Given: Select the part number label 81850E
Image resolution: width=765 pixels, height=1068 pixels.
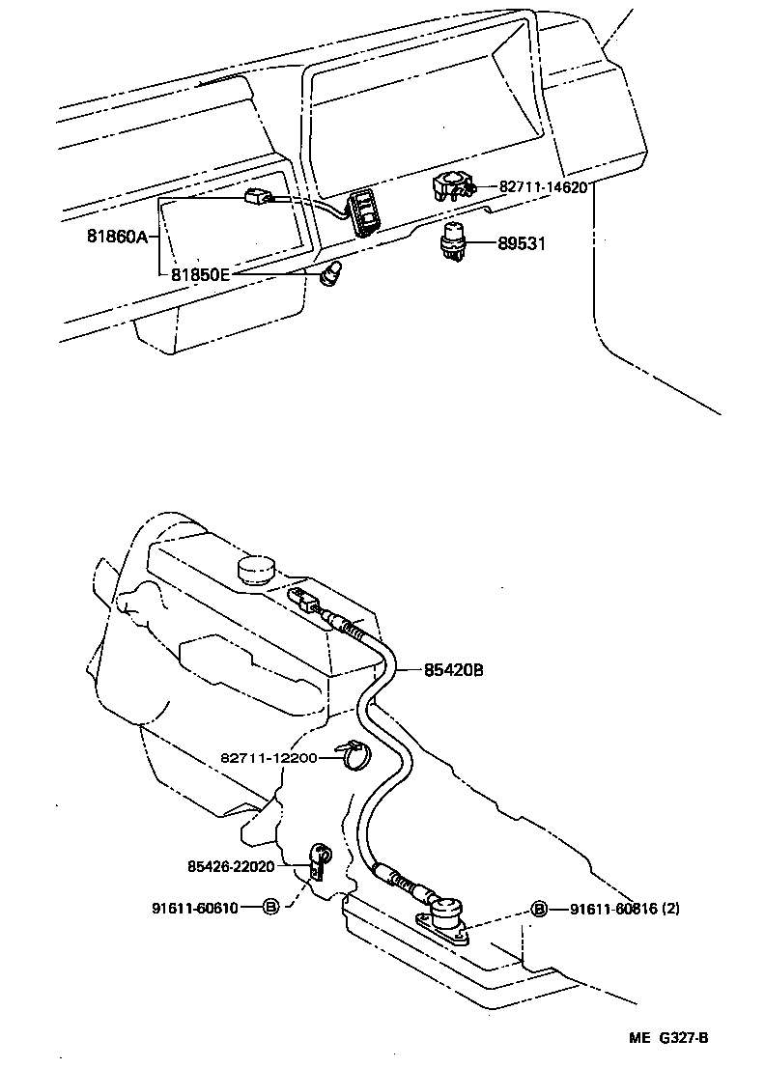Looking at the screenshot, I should click(x=201, y=274).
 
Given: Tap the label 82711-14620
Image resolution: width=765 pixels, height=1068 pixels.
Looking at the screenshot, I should click(x=543, y=187).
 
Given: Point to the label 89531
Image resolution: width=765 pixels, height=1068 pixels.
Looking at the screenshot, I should click(x=522, y=244).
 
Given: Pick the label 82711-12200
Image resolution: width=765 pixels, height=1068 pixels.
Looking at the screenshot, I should click(x=269, y=758).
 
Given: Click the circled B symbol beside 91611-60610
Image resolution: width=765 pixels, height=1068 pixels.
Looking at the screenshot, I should click(x=271, y=908).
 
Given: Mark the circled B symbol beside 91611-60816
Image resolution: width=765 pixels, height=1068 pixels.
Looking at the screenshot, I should click(x=539, y=909).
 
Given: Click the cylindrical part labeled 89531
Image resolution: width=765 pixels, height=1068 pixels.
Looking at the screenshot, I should click(x=454, y=240).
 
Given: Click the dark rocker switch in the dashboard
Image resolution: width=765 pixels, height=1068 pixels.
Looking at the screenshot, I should click(x=365, y=211).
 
